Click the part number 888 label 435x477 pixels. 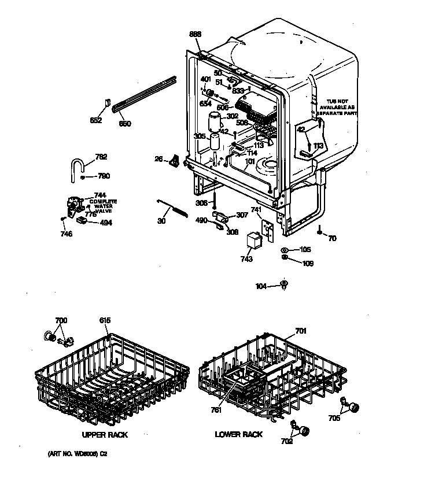point(196,35)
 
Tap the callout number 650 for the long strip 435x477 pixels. point(125,123)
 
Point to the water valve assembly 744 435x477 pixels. point(74,205)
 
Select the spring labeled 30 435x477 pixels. point(174,206)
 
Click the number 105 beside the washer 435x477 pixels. point(305,250)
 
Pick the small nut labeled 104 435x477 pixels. point(283,284)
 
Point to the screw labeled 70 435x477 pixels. point(319,231)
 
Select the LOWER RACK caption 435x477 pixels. point(238,434)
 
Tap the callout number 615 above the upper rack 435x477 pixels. point(104,320)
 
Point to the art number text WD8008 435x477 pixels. point(77,454)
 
